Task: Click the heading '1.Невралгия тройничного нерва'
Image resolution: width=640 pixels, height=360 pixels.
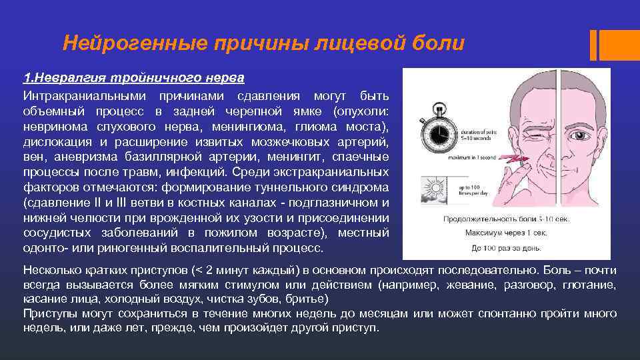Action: (133, 79)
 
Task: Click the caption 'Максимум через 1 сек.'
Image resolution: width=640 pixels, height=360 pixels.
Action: (507, 233)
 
